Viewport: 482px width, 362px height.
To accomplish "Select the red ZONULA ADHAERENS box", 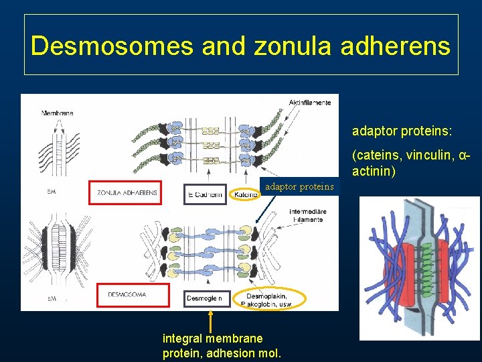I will pos(127,192).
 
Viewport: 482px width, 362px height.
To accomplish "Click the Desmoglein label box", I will pos(208,298).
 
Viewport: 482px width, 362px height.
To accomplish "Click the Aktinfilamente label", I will pos(309,102).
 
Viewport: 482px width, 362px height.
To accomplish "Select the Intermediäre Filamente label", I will pos(306,215).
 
